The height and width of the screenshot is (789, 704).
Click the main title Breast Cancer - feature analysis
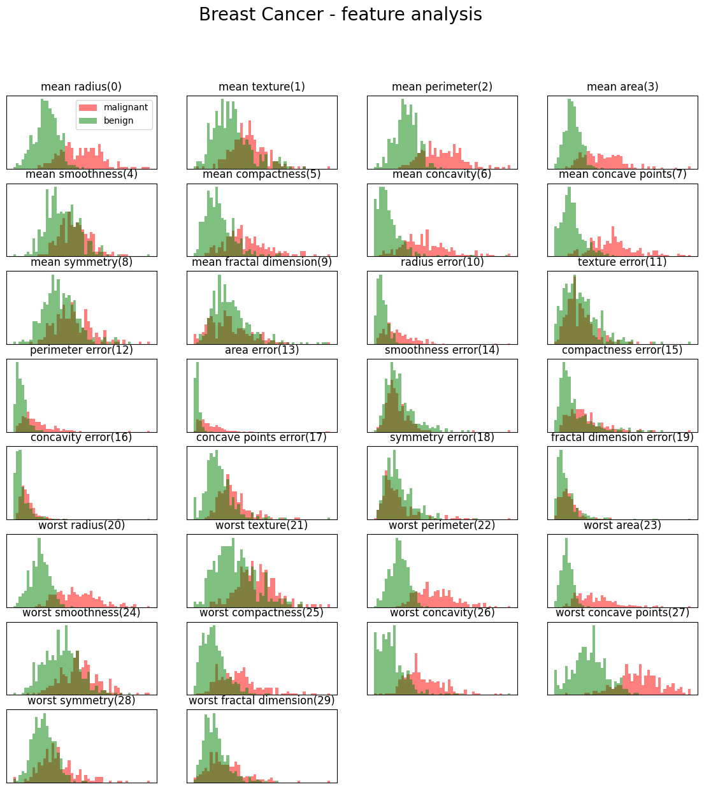[340, 15]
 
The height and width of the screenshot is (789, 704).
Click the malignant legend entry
[126, 107]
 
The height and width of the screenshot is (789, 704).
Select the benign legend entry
[119, 120]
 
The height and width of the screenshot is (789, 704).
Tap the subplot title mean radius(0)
[81, 87]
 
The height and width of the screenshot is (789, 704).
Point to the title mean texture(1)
[261, 87]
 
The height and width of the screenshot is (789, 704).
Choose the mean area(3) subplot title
[622, 87]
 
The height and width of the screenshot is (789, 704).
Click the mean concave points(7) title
[622, 174]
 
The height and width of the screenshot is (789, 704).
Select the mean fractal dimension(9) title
[261, 262]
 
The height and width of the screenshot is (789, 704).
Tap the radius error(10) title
[442, 262]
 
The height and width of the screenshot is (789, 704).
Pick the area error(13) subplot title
[261, 350]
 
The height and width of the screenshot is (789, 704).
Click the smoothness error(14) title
[442, 350]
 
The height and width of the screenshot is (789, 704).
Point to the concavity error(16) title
[81, 437]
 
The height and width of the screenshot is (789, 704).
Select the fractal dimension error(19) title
[622, 437]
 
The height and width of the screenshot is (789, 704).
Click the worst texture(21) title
[261, 525]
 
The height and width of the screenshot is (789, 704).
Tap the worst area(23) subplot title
[622, 525]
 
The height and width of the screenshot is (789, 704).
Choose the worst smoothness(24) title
[81, 612]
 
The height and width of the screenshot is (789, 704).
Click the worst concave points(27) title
[622, 612]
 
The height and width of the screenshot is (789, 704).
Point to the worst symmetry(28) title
[81, 700]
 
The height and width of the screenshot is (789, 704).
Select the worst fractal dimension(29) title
[261, 700]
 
